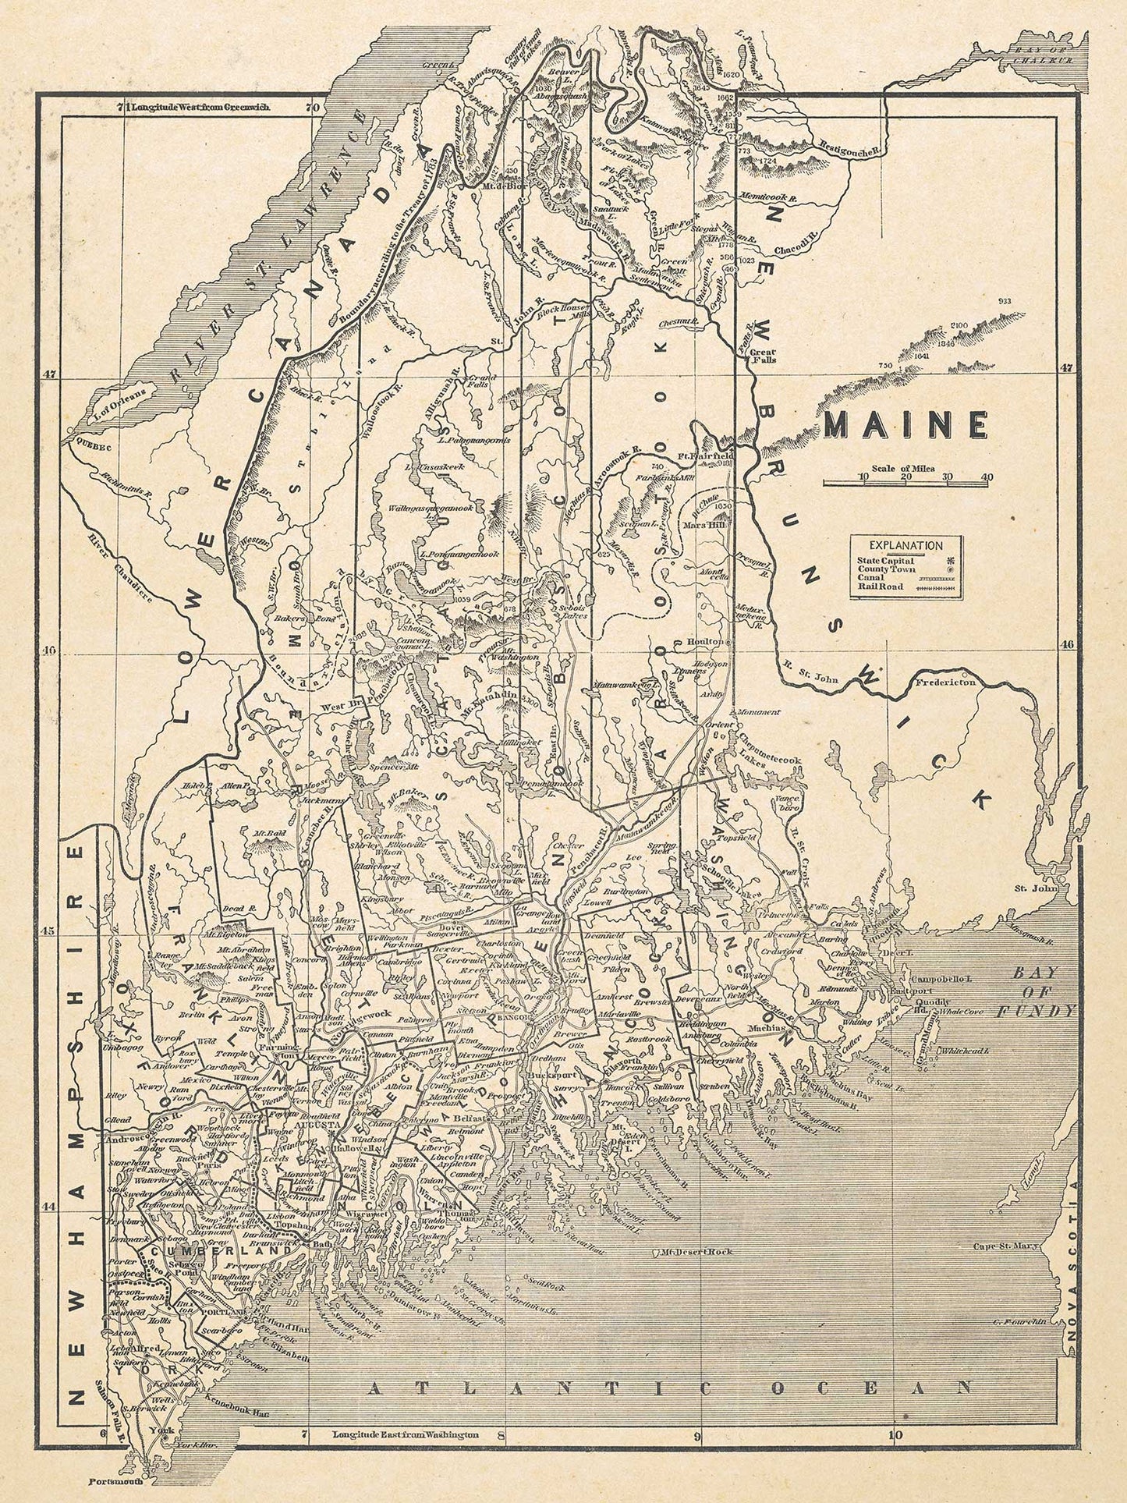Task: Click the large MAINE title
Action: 905,426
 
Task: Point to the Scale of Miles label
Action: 905,468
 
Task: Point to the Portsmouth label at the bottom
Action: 113,1482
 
